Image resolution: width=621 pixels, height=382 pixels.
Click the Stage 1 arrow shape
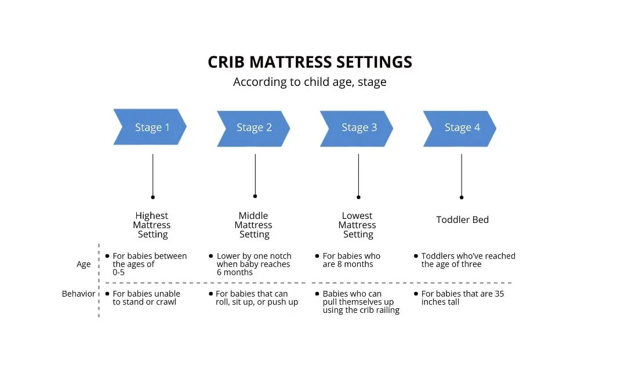[x=150, y=127]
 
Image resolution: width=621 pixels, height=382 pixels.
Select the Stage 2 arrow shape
[x=253, y=128]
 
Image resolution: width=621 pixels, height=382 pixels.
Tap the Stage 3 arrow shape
[x=357, y=128]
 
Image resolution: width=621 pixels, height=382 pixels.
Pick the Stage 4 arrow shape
[x=460, y=128]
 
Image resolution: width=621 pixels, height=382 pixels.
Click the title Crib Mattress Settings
[x=310, y=62]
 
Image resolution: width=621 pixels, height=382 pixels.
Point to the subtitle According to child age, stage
[x=310, y=82]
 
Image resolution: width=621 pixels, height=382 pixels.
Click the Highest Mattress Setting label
[x=152, y=225]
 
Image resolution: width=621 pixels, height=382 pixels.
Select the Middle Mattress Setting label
[x=253, y=225]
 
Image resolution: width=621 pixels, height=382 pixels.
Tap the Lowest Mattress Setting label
[x=357, y=225]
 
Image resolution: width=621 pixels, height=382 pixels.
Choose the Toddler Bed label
[x=462, y=220]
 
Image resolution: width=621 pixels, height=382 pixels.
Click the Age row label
[x=83, y=264]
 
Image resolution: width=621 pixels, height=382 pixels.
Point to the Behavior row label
[x=78, y=294]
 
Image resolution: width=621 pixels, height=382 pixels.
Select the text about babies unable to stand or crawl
[x=146, y=298]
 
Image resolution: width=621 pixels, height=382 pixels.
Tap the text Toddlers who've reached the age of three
[x=468, y=260]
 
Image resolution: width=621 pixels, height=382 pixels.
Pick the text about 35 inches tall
[x=462, y=298]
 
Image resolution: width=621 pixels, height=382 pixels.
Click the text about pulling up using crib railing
[x=361, y=302]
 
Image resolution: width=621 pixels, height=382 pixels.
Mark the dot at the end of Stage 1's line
[x=152, y=197]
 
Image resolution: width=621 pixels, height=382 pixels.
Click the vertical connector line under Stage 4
[x=462, y=174]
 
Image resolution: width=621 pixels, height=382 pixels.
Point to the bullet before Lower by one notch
[x=210, y=255]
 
